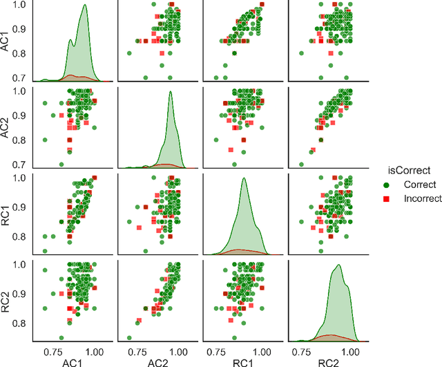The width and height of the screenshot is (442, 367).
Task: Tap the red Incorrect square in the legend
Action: pyautogui.click(x=387, y=198)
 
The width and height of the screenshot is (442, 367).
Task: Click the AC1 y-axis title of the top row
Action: pyautogui.click(x=8, y=41)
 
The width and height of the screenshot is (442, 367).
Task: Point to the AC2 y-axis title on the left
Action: pyautogui.click(x=8, y=127)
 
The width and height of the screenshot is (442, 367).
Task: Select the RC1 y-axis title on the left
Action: pyautogui.click(x=8, y=214)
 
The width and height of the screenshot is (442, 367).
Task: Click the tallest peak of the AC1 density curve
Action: pyautogui.click(x=84, y=6)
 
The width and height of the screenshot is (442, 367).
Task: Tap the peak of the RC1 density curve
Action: pyautogui.click(x=243, y=178)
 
